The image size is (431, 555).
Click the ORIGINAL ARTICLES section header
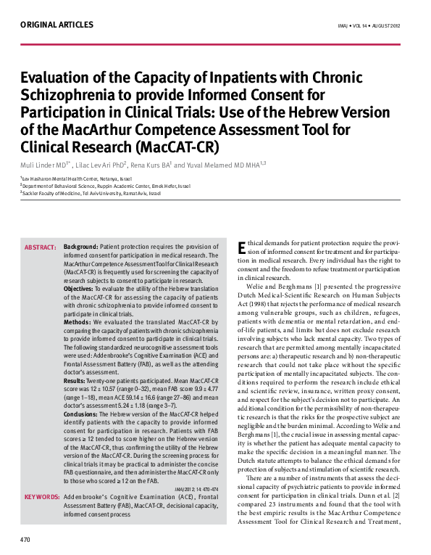point(57,25)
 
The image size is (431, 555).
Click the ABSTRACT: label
point(41,247)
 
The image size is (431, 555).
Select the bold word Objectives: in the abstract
point(80,288)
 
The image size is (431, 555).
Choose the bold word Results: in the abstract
point(75,379)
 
